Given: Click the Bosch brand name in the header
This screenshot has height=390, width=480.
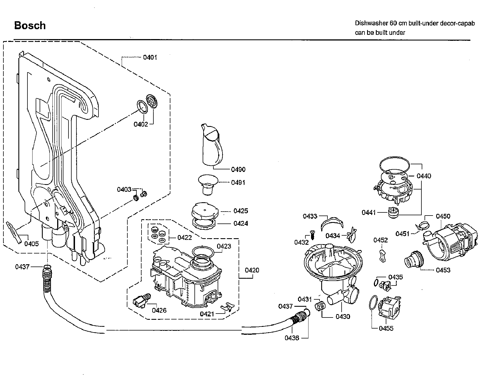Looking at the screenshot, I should coord(30,25).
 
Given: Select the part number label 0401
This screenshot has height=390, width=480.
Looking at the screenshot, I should coord(150,57).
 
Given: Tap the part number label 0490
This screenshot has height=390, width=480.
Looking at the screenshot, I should coord(238,170).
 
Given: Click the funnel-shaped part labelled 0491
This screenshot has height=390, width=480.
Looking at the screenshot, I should coord(208,184).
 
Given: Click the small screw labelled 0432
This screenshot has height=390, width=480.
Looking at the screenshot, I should coord(312,235).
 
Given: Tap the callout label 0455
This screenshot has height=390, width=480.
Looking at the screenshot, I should coord(386,328).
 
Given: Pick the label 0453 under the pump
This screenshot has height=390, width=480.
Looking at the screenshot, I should coord(443,270).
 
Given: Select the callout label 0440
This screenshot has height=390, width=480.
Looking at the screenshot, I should coord(424,176).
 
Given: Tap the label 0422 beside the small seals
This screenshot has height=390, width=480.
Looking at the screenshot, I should coord(185,238).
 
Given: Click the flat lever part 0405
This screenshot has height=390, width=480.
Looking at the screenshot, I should coord(14,233).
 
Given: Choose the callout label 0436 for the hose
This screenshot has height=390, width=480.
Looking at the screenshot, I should coord(292,338).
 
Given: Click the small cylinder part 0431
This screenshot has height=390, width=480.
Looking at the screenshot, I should coord(320,306).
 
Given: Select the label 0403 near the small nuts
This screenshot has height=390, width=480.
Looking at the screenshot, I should coord(124,189).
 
